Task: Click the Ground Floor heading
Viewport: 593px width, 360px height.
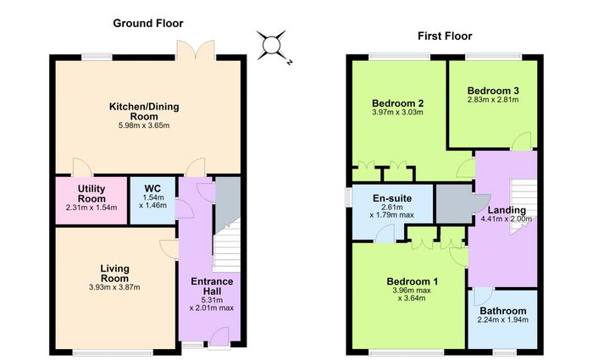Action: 148,24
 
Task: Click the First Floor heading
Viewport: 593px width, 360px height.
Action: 445,36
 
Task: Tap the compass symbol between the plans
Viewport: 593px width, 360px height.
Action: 273,47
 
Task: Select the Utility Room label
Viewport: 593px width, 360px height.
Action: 91,194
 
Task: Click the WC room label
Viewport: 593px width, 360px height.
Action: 152,188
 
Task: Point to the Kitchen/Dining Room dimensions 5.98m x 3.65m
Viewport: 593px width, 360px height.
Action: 144,125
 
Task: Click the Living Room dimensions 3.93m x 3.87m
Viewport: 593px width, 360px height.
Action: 114,287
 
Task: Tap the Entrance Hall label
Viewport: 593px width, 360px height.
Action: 212,286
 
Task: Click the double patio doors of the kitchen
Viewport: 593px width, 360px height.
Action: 196,49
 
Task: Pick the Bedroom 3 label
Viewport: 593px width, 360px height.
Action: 493,91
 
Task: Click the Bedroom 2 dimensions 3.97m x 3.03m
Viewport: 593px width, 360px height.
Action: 397,113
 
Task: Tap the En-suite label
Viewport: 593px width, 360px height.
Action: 392,198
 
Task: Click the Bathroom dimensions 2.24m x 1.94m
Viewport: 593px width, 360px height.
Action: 503,320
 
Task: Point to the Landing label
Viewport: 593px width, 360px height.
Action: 507,210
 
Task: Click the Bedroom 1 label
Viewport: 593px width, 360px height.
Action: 413,282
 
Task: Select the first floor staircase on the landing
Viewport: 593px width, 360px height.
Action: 523,207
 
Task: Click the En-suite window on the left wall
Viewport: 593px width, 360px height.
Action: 348,197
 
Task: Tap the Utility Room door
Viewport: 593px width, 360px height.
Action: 82,167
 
